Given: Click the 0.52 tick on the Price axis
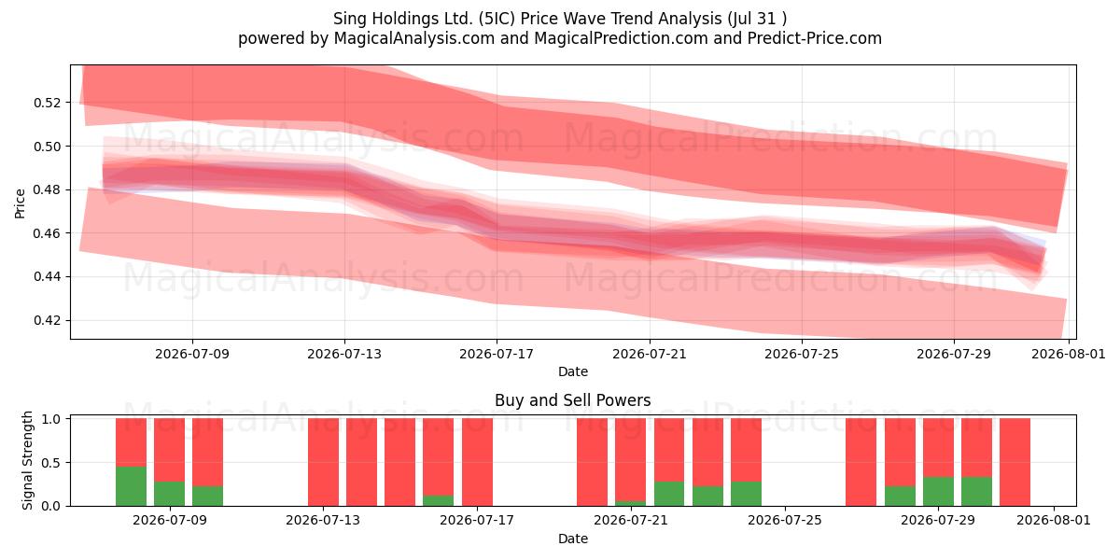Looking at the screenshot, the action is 47,103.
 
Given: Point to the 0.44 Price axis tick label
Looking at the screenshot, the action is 47,277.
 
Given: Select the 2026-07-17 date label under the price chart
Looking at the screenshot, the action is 497,355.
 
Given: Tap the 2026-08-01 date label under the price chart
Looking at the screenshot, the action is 1069,355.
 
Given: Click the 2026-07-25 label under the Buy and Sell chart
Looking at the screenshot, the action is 785,521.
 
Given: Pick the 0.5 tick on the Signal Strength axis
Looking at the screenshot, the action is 51,463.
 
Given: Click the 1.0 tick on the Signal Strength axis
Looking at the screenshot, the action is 51,419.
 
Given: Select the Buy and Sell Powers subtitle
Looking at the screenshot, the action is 573,400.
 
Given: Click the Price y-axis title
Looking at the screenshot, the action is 20,203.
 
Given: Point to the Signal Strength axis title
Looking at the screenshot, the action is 27,460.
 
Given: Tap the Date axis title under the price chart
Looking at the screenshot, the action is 573,372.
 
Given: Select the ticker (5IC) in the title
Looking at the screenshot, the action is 497,19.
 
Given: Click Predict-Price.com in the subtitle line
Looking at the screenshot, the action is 815,38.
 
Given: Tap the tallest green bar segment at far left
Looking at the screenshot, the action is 131,486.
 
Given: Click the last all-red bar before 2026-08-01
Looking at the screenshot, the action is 1015,463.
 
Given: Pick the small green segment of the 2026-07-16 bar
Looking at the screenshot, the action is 438,501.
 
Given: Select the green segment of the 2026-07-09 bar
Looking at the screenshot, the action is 170,494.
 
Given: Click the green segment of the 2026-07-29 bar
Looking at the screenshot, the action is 938,492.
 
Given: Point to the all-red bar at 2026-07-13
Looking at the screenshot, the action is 323,463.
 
